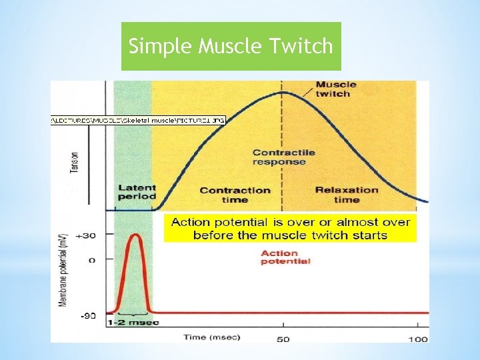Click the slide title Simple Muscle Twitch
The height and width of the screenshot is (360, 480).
(x=231, y=46)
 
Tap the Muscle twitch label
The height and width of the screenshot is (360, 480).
(x=335, y=89)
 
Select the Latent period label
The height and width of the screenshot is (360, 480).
(x=137, y=192)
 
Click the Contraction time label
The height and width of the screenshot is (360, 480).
(x=235, y=195)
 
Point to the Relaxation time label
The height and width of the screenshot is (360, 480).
(x=347, y=195)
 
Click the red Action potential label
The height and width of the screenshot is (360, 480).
(x=285, y=257)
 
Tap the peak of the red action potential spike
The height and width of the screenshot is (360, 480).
(x=135, y=235)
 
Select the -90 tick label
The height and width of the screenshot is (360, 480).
(x=89, y=315)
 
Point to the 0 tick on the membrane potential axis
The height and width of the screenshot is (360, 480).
(x=92, y=260)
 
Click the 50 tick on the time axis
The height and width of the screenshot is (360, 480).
(x=283, y=339)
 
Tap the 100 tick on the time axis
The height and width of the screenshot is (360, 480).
(x=418, y=339)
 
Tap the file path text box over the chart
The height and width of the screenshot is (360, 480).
(x=138, y=121)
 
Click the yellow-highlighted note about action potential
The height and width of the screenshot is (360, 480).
(x=290, y=228)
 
